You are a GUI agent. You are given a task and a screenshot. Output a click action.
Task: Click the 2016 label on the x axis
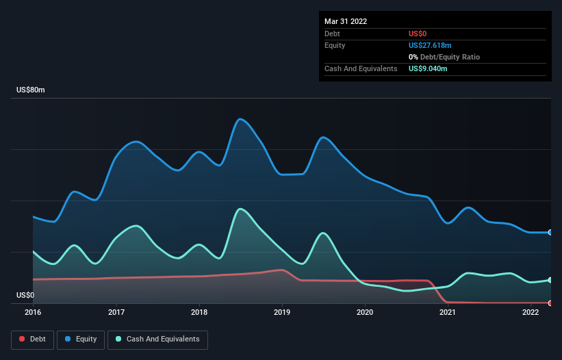[x=33, y=312]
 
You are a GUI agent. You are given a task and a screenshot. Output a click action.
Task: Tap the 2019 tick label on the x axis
[x=282, y=312]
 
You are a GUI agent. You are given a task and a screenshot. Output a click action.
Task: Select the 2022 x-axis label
[x=531, y=312]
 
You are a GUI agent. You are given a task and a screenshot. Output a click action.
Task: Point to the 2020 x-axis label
[x=365, y=312]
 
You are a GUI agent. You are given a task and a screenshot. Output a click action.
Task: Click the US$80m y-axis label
[x=31, y=90]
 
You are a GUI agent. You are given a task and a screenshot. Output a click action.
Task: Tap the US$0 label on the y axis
[x=25, y=295]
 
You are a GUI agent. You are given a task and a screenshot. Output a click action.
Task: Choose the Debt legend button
[x=33, y=339]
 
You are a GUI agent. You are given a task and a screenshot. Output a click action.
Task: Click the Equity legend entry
[x=81, y=339]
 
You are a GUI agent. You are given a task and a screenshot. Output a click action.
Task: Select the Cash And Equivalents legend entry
[x=157, y=339]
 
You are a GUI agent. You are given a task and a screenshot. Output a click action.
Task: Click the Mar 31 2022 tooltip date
[x=346, y=21]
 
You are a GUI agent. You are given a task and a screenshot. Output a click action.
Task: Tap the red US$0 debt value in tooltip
[x=418, y=34]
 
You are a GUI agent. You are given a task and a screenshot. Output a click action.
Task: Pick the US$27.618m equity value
[x=430, y=45]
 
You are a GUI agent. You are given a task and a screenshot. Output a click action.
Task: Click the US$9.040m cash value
[x=428, y=68]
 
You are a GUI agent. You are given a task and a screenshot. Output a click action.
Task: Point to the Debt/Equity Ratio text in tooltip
[x=450, y=57]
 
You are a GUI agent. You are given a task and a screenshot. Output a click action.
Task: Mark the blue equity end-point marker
[x=550, y=233]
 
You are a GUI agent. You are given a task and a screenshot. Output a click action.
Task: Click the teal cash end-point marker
[x=550, y=280]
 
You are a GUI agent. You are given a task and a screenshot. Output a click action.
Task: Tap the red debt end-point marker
[x=550, y=303]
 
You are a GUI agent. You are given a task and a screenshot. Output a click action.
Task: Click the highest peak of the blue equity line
[x=240, y=119]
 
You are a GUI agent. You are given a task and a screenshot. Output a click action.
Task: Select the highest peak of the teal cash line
[x=240, y=209]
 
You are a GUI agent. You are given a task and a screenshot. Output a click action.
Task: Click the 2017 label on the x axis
[x=116, y=312]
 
